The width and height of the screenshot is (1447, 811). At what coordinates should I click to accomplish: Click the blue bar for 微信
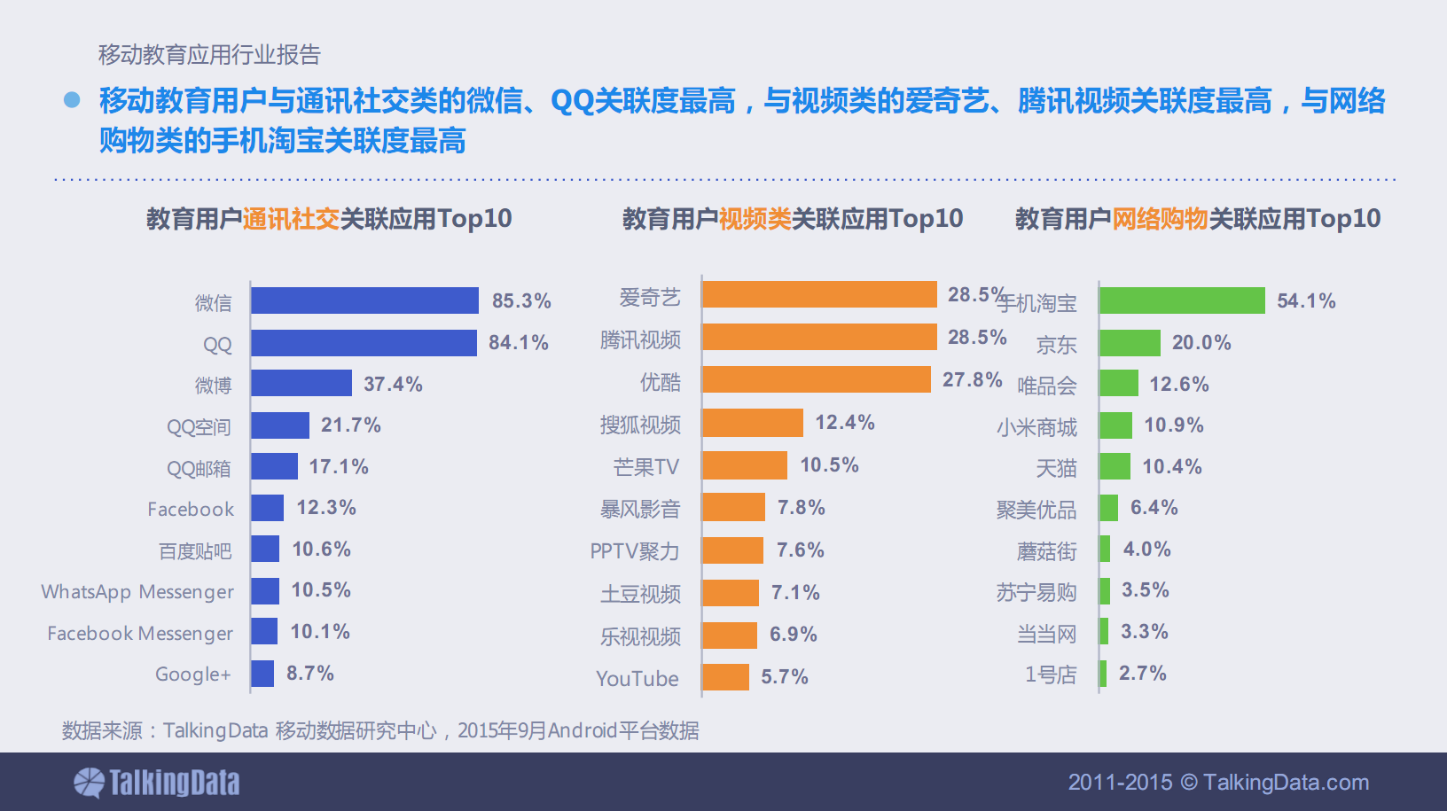click(364, 300)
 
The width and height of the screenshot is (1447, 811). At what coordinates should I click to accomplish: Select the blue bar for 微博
click(301, 383)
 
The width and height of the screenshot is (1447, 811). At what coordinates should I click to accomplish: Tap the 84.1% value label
click(519, 343)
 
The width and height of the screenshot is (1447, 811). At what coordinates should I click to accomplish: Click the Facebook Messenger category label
click(140, 634)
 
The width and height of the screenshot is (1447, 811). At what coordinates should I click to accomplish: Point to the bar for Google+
click(262, 674)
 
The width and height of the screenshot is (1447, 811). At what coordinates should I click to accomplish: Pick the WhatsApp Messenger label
click(137, 592)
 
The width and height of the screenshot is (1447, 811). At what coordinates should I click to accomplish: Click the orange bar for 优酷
click(817, 379)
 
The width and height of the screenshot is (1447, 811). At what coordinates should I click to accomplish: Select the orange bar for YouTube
click(725, 677)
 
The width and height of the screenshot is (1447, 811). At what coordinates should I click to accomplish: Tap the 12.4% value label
click(845, 423)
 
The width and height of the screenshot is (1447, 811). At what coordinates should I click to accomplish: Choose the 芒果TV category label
click(646, 467)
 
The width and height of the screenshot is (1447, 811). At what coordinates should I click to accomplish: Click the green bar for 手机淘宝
click(1182, 300)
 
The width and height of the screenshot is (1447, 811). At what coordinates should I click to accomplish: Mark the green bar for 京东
click(1130, 343)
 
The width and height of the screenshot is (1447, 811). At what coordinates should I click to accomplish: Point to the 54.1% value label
click(1306, 301)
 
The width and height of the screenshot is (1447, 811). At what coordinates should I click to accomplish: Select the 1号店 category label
click(1051, 675)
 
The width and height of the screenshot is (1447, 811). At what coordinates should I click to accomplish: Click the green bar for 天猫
click(1115, 466)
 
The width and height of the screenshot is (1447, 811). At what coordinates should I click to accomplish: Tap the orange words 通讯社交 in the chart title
click(291, 219)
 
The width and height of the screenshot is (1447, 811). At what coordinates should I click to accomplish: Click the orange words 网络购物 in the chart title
click(1160, 219)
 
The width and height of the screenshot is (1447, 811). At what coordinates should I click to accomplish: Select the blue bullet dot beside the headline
click(72, 100)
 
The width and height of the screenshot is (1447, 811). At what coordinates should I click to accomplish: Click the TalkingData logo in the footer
click(157, 783)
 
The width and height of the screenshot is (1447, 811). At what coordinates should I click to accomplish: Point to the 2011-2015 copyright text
click(1218, 783)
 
